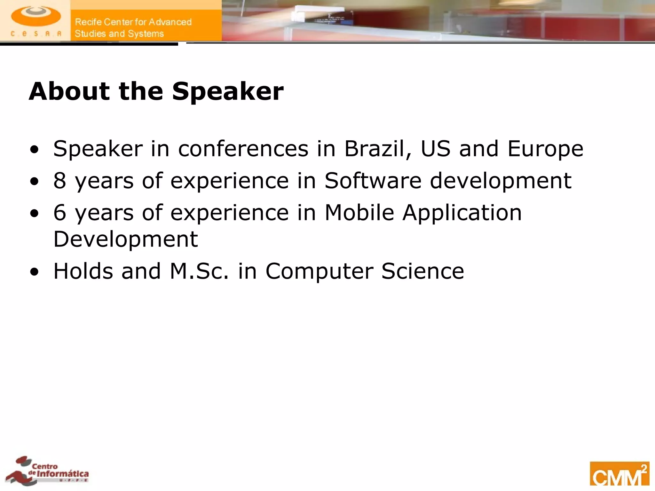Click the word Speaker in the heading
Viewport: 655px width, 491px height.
coord(228,91)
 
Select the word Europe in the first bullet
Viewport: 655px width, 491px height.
coord(545,149)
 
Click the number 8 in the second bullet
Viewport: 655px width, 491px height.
coord(60,181)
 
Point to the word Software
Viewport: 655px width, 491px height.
coord(373,181)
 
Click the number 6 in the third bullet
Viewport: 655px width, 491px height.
coord(60,213)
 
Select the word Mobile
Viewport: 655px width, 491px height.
coord(359,213)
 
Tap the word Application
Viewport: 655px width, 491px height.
coord(462,213)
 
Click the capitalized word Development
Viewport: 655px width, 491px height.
coord(125,239)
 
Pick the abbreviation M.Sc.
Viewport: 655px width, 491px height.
coord(199,271)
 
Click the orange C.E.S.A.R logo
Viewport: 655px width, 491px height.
coord(36,20)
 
